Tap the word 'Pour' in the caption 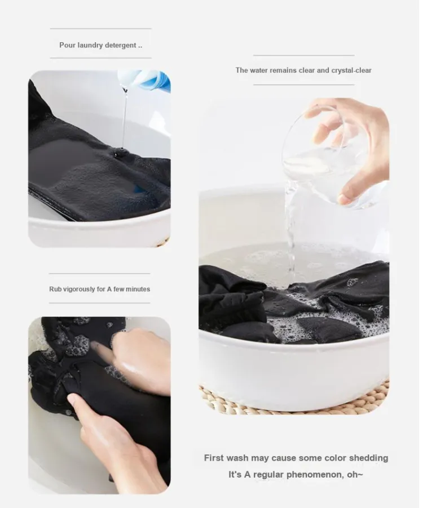(x=67, y=45)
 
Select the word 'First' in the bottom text (x=214, y=458)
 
